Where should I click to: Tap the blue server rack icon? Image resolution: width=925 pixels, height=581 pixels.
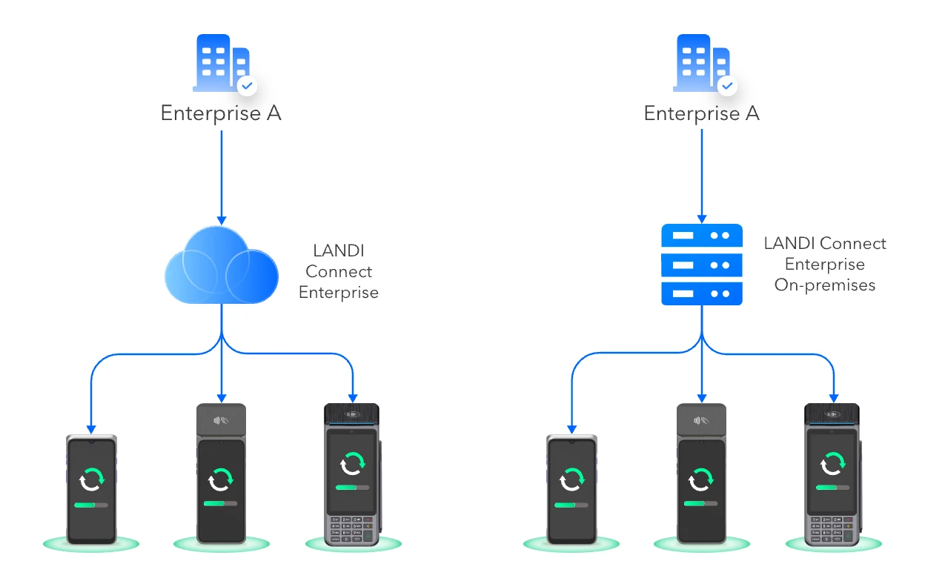701,265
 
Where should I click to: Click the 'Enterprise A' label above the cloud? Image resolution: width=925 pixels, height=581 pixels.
221,114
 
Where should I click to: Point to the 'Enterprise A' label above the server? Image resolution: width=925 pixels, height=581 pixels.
701,114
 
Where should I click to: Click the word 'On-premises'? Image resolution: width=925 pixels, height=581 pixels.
825,285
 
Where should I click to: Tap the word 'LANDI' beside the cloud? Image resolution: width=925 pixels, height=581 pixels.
339,250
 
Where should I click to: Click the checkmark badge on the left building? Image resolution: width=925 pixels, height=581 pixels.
248,86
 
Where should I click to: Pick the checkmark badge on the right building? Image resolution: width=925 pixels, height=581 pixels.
728,86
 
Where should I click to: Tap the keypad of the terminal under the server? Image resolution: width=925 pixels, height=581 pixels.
832,529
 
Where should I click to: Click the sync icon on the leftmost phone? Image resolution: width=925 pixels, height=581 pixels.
92,479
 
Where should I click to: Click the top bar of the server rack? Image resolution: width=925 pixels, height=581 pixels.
701,236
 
